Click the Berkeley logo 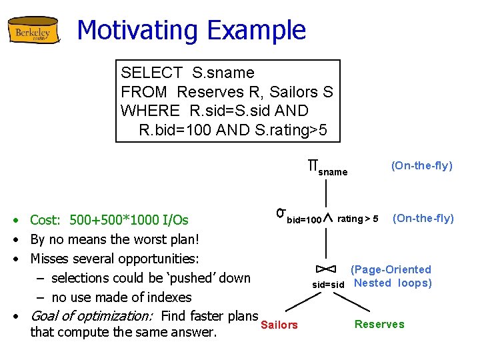(33, 31)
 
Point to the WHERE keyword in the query (150, 111)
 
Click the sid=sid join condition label (328, 284)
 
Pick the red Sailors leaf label (279, 325)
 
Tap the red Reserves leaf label (379, 324)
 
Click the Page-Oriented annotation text (391, 269)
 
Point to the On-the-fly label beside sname (421, 165)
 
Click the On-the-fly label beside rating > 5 (423, 218)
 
